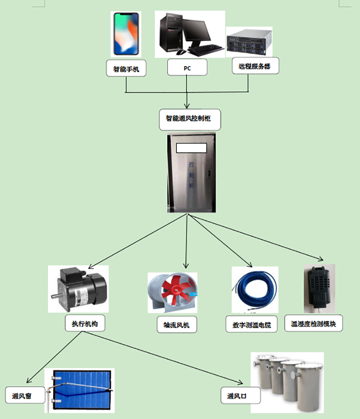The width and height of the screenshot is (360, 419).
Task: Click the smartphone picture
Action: point(126,34)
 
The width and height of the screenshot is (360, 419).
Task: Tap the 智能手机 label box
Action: point(126,69)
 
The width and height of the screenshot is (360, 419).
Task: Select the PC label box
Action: point(187,68)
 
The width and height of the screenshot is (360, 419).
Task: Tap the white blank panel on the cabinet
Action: point(191,148)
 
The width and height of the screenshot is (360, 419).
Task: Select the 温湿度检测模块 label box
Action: point(314,324)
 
